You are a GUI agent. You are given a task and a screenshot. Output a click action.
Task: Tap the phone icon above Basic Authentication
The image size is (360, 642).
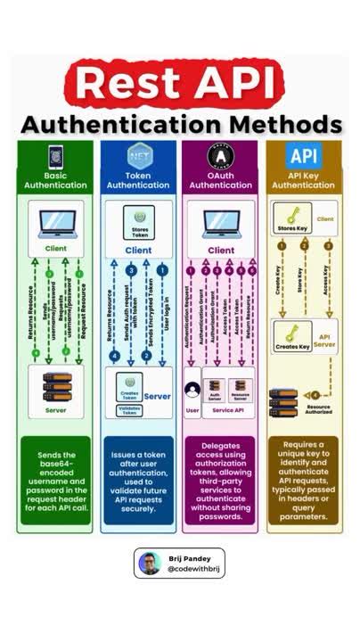[x=55, y=156]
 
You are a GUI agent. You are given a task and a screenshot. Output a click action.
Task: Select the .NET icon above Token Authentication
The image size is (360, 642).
[x=138, y=156]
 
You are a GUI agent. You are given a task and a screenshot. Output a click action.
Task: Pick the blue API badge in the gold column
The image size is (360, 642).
[x=303, y=156]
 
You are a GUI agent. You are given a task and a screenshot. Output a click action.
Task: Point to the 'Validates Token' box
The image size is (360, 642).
[x=130, y=410]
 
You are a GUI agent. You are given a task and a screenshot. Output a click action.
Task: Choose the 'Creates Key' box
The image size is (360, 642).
[x=292, y=339]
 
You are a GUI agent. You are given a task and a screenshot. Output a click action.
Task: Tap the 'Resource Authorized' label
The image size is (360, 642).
[x=317, y=409]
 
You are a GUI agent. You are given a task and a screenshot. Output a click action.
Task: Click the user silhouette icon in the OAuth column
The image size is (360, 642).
[x=192, y=389]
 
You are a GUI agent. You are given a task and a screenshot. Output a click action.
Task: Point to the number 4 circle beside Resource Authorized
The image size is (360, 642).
[x=315, y=395]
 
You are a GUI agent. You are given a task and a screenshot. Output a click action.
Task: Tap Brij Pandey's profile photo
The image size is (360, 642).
[x=149, y=563]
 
